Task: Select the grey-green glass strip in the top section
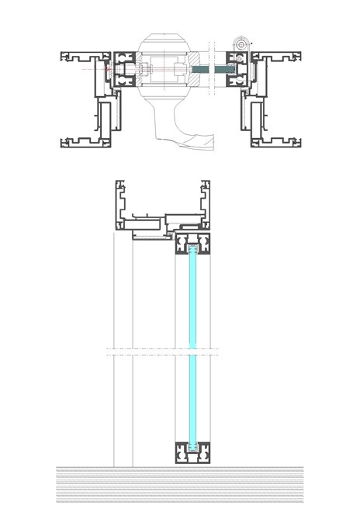[210, 70]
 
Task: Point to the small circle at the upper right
[241, 45]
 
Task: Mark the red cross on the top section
[108, 70]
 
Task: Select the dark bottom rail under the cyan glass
[192, 452]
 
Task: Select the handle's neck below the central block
[165, 116]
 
